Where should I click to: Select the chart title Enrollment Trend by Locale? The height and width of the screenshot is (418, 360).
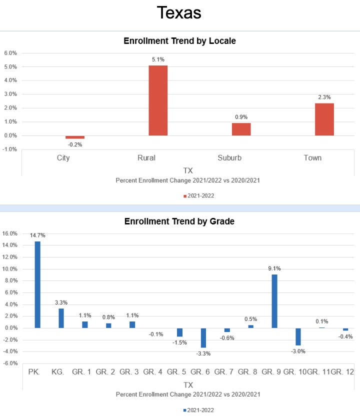[x=179, y=41]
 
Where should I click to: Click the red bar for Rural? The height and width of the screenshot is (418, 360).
[x=158, y=100]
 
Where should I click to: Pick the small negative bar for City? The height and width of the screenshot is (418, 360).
[x=75, y=137]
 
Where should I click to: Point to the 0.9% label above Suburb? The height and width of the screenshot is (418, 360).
[x=241, y=117]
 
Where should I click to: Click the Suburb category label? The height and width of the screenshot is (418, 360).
[x=229, y=158]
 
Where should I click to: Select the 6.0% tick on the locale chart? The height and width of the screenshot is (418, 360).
[x=10, y=52]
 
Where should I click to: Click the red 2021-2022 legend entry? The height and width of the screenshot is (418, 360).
[x=198, y=195]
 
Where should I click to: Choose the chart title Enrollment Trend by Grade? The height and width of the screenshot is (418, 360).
[x=179, y=221]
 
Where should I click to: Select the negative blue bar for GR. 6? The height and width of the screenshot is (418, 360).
[x=203, y=337]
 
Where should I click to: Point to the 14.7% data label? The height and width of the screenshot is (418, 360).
[x=37, y=235]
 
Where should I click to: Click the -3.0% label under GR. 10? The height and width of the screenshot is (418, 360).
[x=298, y=351]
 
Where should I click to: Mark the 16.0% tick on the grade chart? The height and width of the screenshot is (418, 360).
[x=10, y=233]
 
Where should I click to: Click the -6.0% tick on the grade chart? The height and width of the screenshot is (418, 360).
[x=10, y=363]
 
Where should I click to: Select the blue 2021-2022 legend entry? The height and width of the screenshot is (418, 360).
[x=198, y=409]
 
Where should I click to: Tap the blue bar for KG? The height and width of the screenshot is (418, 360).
[x=61, y=318]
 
